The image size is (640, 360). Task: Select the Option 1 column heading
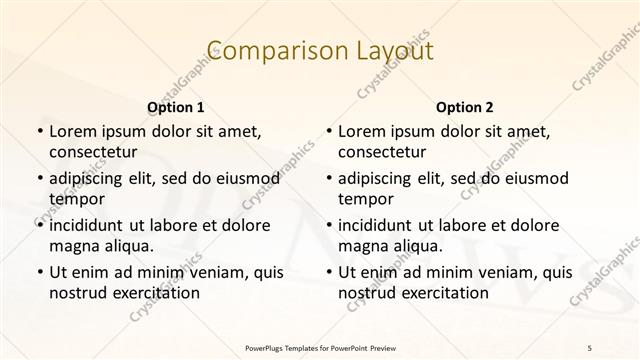tap(176, 107)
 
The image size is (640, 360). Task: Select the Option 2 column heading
tap(465, 107)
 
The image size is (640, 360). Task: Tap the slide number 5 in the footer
tap(590, 347)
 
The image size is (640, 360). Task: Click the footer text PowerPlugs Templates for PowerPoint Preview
tap(319, 347)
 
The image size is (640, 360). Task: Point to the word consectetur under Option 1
tap(93, 152)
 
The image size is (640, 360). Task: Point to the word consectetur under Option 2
tap(382, 152)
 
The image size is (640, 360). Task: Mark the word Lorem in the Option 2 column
tap(361, 132)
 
